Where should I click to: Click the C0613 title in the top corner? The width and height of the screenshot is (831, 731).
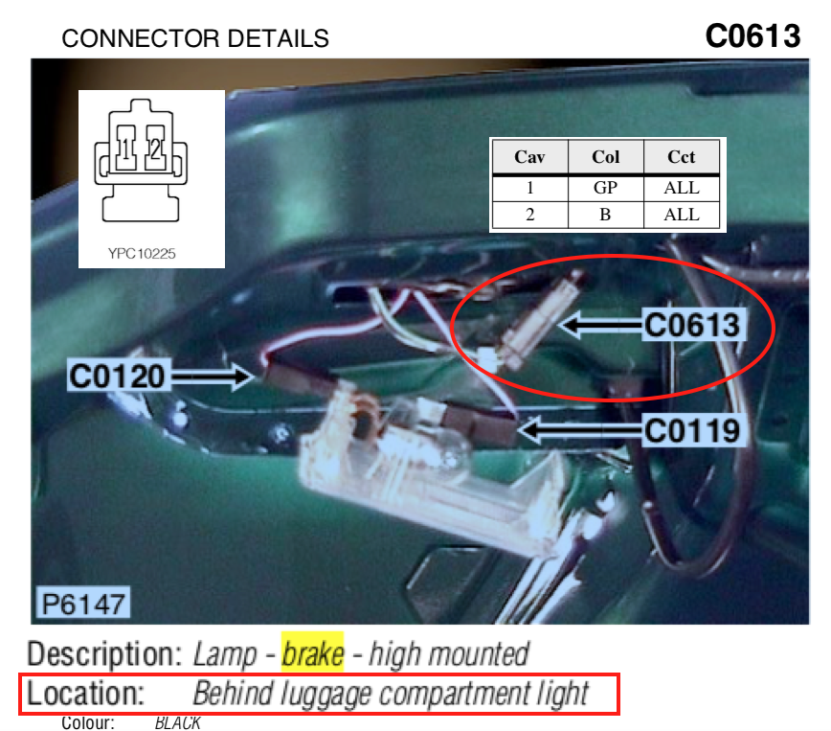tap(752, 36)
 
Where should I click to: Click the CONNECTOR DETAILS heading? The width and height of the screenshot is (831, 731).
tap(195, 38)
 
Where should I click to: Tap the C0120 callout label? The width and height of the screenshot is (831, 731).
tap(117, 377)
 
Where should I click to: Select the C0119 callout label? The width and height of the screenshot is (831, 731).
tap(692, 430)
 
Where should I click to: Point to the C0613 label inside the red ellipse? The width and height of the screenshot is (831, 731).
tap(692, 325)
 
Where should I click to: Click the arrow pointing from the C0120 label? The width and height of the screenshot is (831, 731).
tap(212, 377)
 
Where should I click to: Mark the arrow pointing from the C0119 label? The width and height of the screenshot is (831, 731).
tap(581, 429)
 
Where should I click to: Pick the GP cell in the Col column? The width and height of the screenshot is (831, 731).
tap(605, 188)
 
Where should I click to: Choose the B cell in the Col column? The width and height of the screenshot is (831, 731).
tap(605, 215)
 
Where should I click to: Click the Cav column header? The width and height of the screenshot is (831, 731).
tap(529, 157)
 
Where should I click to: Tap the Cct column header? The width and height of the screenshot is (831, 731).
tap(681, 157)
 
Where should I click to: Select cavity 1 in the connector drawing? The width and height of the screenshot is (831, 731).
tap(126, 148)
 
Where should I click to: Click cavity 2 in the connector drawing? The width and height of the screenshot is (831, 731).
tap(155, 148)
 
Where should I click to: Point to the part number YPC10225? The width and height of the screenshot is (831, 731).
tap(142, 254)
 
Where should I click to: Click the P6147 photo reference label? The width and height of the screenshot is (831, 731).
tap(83, 604)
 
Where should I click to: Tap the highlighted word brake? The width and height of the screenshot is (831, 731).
tap(312, 653)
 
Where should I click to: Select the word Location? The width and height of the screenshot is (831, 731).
tap(85, 694)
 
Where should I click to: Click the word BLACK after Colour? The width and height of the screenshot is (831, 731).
tap(177, 723)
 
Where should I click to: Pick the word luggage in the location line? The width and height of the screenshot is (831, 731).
tap(326, 695)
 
